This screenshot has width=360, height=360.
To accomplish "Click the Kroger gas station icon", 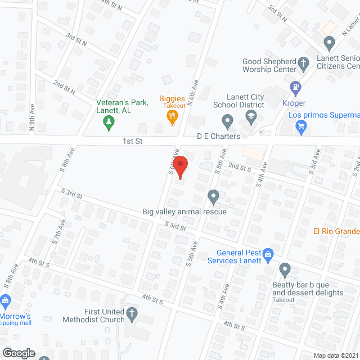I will click(x=294, y=87).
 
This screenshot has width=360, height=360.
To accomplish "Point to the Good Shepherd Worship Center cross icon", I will click(x=304, y=62).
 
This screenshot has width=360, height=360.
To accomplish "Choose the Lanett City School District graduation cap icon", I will click(x=251, y=118).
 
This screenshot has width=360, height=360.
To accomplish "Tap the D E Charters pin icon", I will click(x=227, y=120).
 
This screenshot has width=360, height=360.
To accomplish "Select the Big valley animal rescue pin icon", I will click(x=213, y=196).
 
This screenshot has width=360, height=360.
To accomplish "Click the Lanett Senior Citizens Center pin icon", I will click(x=330, y=42).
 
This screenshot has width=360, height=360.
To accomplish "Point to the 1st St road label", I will click(x=133, y=142).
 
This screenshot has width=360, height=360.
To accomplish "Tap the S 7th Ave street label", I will click(x=56, y=233).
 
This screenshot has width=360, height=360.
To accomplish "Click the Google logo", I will click(x=18, y=353).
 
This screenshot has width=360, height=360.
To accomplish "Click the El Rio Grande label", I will click(x=336, y=231).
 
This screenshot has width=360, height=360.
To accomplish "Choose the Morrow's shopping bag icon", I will click(x=6, y=301).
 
